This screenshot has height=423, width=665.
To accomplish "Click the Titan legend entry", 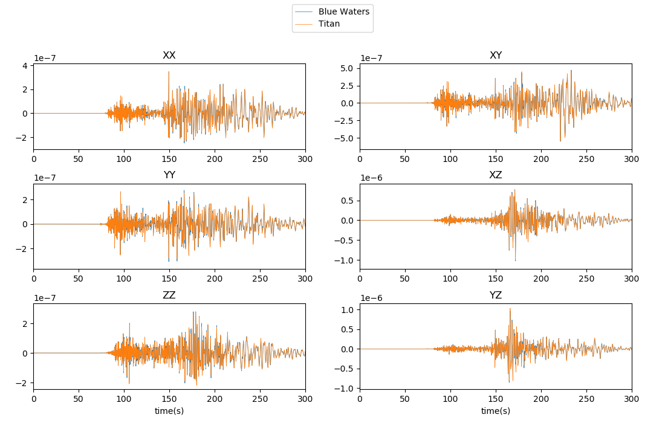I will (329, 24).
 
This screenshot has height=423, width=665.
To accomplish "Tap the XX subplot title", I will (169, 56).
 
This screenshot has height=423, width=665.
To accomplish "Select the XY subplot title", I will (496, 56).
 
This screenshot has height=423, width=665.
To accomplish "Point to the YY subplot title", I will (169, 175).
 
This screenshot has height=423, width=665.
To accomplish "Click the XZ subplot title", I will (496, 175).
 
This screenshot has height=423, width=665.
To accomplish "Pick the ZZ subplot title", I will (169, 295).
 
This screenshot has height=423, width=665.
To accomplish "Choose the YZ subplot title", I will (496, 295).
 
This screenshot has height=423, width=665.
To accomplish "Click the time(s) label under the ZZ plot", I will (169, 411).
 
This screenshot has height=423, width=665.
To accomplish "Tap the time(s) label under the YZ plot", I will (496, 411).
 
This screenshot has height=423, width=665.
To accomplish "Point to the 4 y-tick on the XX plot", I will (25, 65).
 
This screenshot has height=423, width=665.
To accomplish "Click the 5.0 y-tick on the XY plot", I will (347, 68).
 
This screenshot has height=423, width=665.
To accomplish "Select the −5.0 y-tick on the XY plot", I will (345, 138).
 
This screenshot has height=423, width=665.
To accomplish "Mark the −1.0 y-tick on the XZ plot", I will (345, 260).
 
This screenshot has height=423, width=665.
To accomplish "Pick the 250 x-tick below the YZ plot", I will (586, 399).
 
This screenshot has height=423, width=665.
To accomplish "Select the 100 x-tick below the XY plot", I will (450, 159).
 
